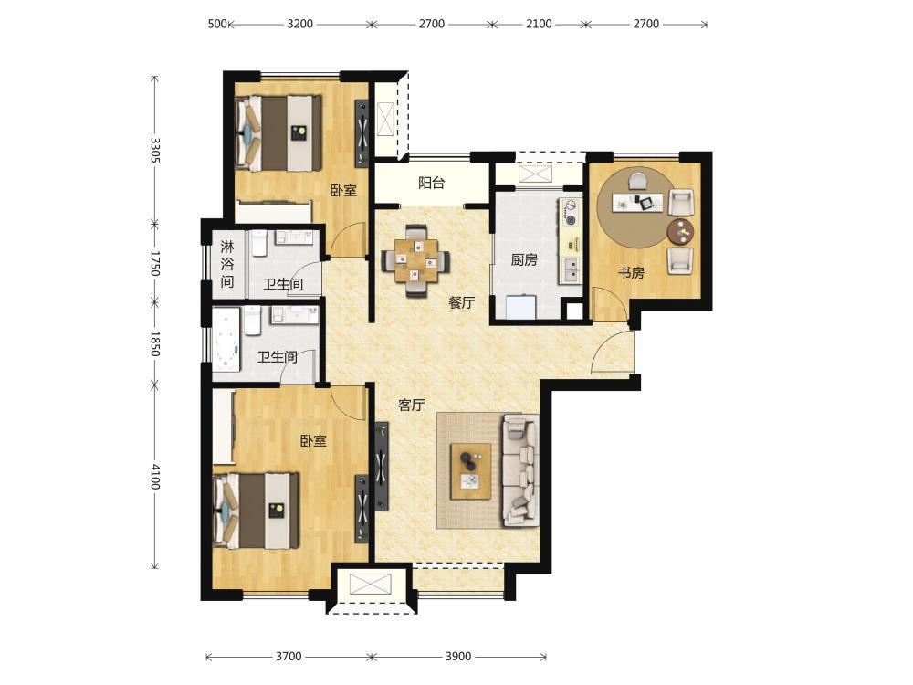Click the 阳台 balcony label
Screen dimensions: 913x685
click(x=432, y=183)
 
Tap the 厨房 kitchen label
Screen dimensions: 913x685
click(x=524, y=259)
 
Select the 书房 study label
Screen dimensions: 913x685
click(x=631, y=272)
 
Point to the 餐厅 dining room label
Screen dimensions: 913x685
click(x=462, y=302)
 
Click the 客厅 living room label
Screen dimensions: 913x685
click(x=411, y=405)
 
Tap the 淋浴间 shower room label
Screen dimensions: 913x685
click(x=227, y=264)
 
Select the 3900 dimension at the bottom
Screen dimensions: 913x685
click(x=458, y=657)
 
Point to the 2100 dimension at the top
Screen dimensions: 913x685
click(x=539, y=24)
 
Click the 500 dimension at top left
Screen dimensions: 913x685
click(x=217, y=24)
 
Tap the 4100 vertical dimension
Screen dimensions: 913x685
click(x=155, y=476)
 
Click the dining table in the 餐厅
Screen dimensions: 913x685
click(x=415, y=260)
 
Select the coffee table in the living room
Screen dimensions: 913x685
click(x=471, y=471)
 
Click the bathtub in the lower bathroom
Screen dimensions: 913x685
click(x=226, y=340)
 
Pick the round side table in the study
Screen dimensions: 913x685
click(x=681, y=231)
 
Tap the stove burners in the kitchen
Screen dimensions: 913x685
click(x=572, y=213)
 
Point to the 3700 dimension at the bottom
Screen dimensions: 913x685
click(x=289, y=657)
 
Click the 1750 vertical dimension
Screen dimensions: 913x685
click(x=155, y=263)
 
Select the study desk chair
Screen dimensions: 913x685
click(x=636, y=180)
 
